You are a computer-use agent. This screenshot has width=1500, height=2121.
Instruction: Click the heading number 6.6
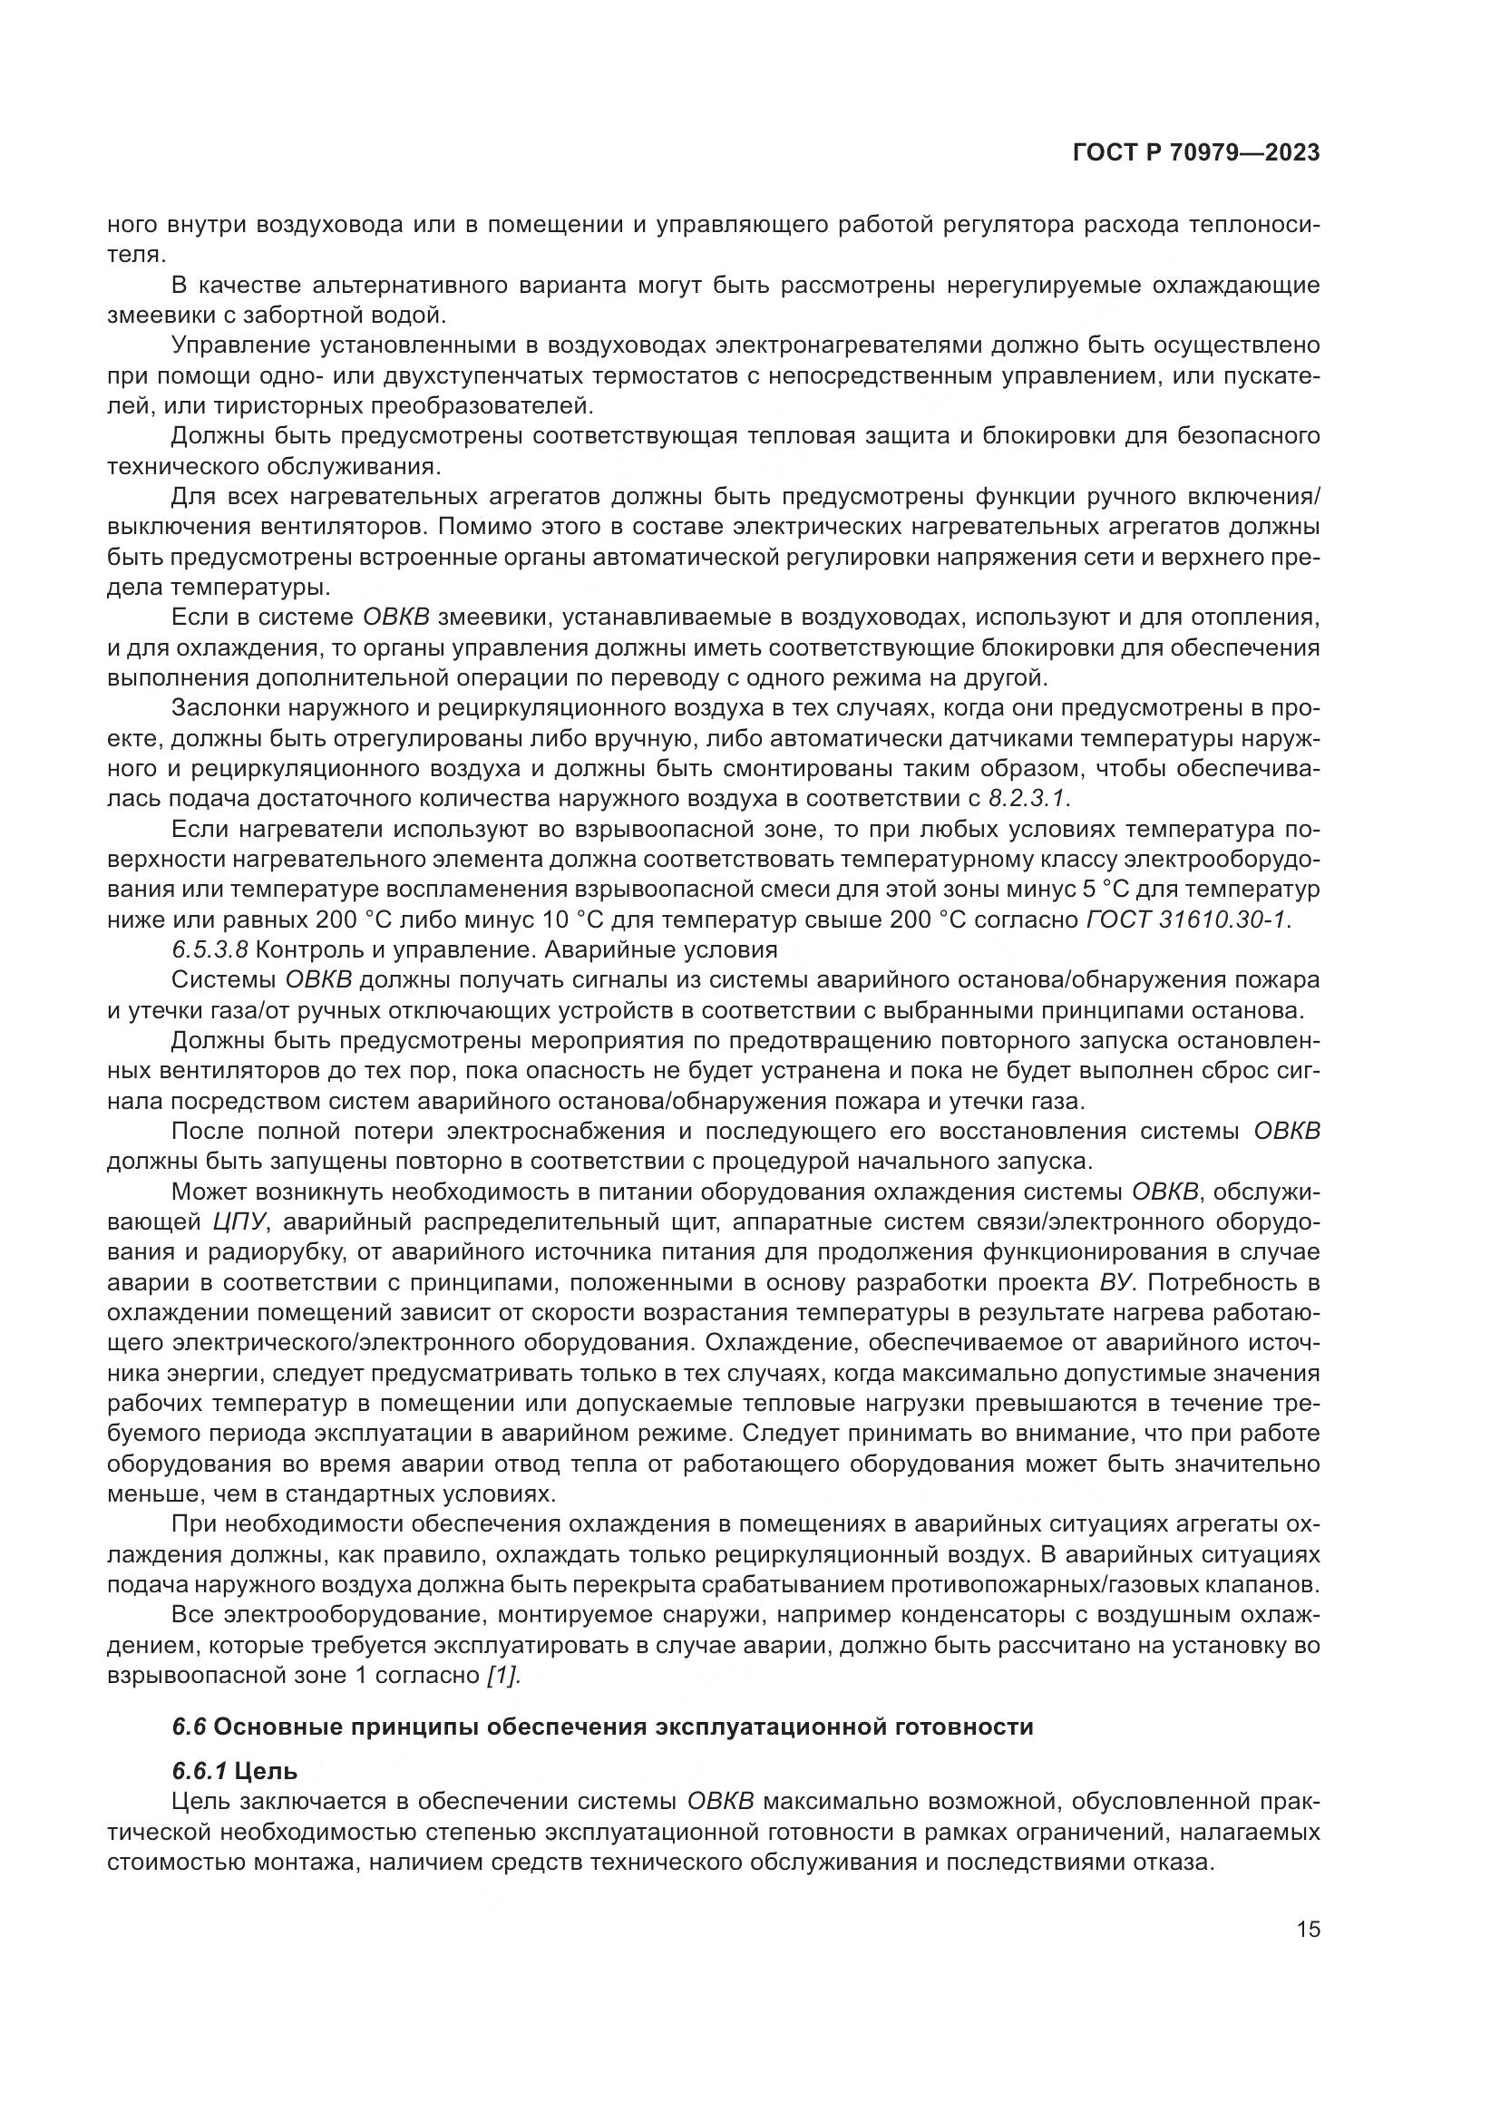(x=189, y=1727)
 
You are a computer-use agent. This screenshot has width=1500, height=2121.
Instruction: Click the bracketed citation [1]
(x=503, y=1676)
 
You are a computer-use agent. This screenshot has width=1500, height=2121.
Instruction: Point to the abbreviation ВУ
(x=1114, y=1282)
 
